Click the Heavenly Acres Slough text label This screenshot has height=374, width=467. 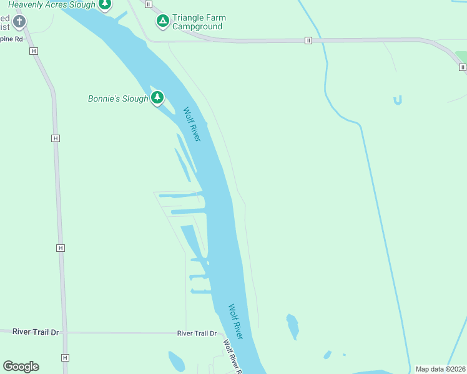tap(52, 5)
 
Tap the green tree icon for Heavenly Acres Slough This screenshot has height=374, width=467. tap(105, 5)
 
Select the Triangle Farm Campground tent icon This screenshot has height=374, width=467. tap(162, 21)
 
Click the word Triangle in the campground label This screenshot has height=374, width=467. tap(190, 18)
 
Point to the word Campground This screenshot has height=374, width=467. tap(197, 27)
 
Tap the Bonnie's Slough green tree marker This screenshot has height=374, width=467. tap(157, 98)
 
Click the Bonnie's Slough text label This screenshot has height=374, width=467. tap(118, 98)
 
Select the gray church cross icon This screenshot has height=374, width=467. tap(19, 22)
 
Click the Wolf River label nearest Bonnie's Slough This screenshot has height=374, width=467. tap(192, 124)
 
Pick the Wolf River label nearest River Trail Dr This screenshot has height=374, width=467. tap(235, 322)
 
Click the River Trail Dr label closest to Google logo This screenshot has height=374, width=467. tap(36, 332)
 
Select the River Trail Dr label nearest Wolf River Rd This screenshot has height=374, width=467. tap(196, 333)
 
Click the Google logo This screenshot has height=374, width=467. tap(21, 367)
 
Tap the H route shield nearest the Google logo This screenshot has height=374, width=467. tap(64, 358)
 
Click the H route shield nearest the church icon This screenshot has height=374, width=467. tap(33, 50)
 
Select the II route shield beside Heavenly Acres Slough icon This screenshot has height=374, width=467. tap(148, 4)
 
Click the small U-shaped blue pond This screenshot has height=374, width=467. tap(398, 100)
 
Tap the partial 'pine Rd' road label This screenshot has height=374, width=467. tap(11, 39)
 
